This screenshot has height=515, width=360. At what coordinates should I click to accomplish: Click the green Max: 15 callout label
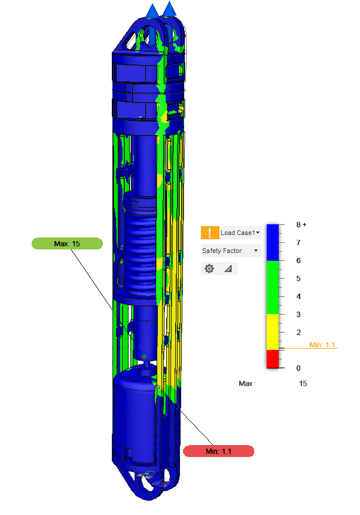tap(67, 243)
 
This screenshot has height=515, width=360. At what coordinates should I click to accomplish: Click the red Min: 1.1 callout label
tap(218, 451)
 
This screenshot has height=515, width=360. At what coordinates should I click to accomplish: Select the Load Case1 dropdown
tap(240, 233)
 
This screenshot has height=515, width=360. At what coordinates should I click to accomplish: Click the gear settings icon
tap(209, 269)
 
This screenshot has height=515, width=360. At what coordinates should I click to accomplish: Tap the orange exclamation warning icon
tap(210, 233)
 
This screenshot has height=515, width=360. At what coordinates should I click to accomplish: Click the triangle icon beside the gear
tap(228, 269)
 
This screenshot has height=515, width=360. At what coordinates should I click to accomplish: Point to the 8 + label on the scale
tap(301, 225)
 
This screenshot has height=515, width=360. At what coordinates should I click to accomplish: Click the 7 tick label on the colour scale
tap(298, 243)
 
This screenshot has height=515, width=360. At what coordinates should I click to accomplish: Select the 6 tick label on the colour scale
tap(298, 260)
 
